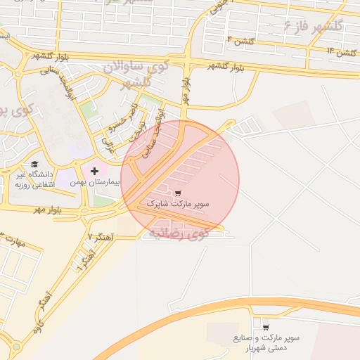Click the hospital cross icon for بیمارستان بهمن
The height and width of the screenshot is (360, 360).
[94, 172]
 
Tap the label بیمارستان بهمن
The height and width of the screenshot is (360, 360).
[94, 182]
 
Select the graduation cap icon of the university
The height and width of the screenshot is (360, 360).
[34, 165]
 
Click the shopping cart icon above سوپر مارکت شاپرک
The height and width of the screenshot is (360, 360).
[178, 193]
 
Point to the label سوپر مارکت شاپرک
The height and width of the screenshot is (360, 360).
[178, 204]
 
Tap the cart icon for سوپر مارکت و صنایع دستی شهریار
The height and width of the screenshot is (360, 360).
[266, 327]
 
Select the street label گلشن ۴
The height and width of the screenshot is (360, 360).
[240, 40]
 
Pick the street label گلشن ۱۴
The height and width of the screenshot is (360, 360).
[341, 52]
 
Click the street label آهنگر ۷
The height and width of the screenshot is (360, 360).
[100, 237]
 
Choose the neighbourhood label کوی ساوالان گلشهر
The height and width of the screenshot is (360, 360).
[136, 74]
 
